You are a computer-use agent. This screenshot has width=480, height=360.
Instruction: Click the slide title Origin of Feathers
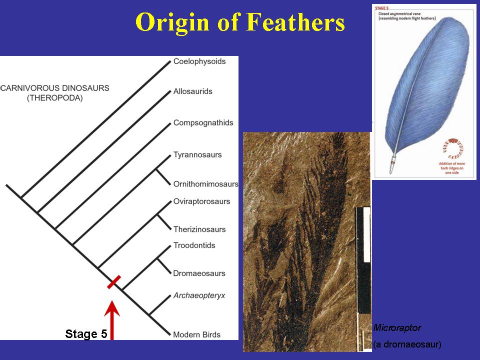coord(240,23)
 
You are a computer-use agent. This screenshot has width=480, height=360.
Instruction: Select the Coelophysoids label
coord(199,61)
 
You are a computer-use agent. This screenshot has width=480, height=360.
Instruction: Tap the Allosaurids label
coord(193,91)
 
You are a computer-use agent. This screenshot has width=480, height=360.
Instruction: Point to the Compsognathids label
coord(203,123)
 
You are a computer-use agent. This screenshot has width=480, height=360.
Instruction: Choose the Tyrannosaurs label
coord(197,155)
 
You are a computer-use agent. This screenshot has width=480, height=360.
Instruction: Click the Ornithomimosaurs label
coord(206,184)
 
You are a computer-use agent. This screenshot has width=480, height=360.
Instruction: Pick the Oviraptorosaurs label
coord(202,201)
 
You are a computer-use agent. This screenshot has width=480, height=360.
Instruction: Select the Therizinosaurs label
coord(199,229)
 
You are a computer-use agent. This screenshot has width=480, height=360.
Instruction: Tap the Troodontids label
coord(194,245)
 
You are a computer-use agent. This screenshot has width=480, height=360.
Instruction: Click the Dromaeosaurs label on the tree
coord(199,273)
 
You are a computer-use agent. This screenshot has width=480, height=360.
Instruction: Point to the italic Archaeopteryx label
coord(199,295)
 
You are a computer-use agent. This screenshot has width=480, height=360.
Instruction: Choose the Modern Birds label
coord(197,334)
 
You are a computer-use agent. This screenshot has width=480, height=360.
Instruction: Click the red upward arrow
coord(112,320)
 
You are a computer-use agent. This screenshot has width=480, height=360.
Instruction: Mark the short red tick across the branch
coord(114,282)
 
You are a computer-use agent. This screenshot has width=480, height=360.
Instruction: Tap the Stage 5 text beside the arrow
coord(86,333)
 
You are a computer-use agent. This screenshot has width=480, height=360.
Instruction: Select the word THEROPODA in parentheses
coord(55,98)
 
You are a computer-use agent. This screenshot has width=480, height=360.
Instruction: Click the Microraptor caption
coord(397,328)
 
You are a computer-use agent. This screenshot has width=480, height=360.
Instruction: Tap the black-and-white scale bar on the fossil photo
coord(363,260)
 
